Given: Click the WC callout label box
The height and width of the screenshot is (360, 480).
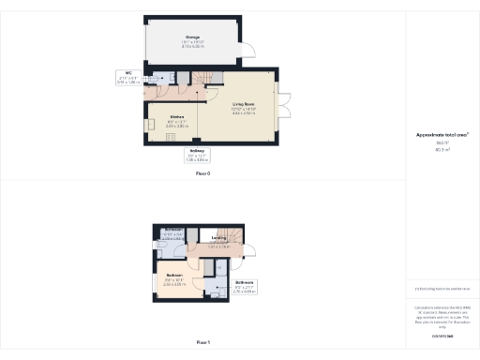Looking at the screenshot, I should click(127, 78).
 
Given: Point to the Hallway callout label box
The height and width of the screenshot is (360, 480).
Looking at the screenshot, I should click(197, 155).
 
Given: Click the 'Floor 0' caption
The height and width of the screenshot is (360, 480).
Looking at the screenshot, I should click(202, 174).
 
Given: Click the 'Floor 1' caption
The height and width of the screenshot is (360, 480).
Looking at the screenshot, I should click(202, 343).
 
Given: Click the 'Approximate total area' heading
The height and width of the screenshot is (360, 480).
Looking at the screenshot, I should click(442, 135).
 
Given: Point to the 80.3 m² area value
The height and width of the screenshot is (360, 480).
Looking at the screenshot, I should click(442, 149).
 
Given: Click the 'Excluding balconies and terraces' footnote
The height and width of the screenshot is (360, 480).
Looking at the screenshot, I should click(442, 289).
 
